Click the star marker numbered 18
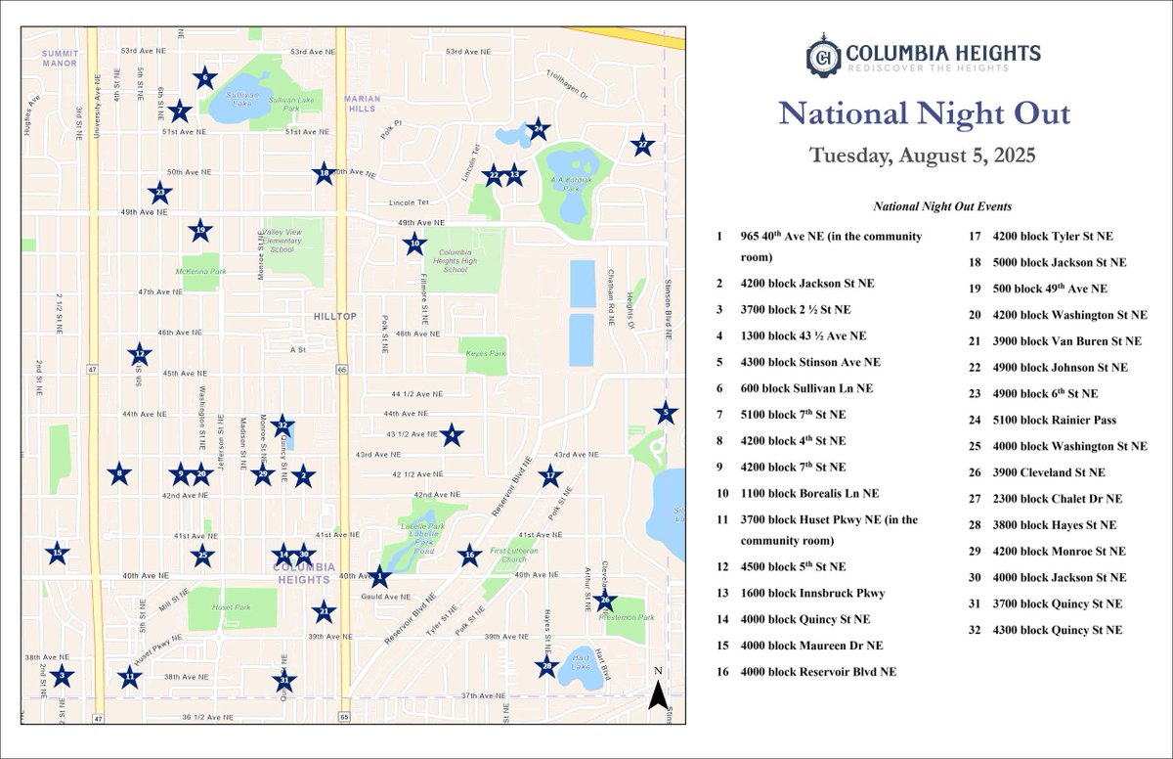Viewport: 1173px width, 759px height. tap(324, 174)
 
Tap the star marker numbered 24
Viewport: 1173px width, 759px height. tap(538, 128)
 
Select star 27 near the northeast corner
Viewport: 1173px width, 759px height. tap(641, 145)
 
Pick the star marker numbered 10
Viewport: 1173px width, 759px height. tap(414, 245)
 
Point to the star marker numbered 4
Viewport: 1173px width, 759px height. tap(451, 435)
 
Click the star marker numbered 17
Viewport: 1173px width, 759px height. tap(551, 477)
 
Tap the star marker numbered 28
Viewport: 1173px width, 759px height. tap(546, 668)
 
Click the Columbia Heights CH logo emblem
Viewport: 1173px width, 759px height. tap(825, 58)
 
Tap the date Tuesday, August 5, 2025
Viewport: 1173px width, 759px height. tap(922, 156)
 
